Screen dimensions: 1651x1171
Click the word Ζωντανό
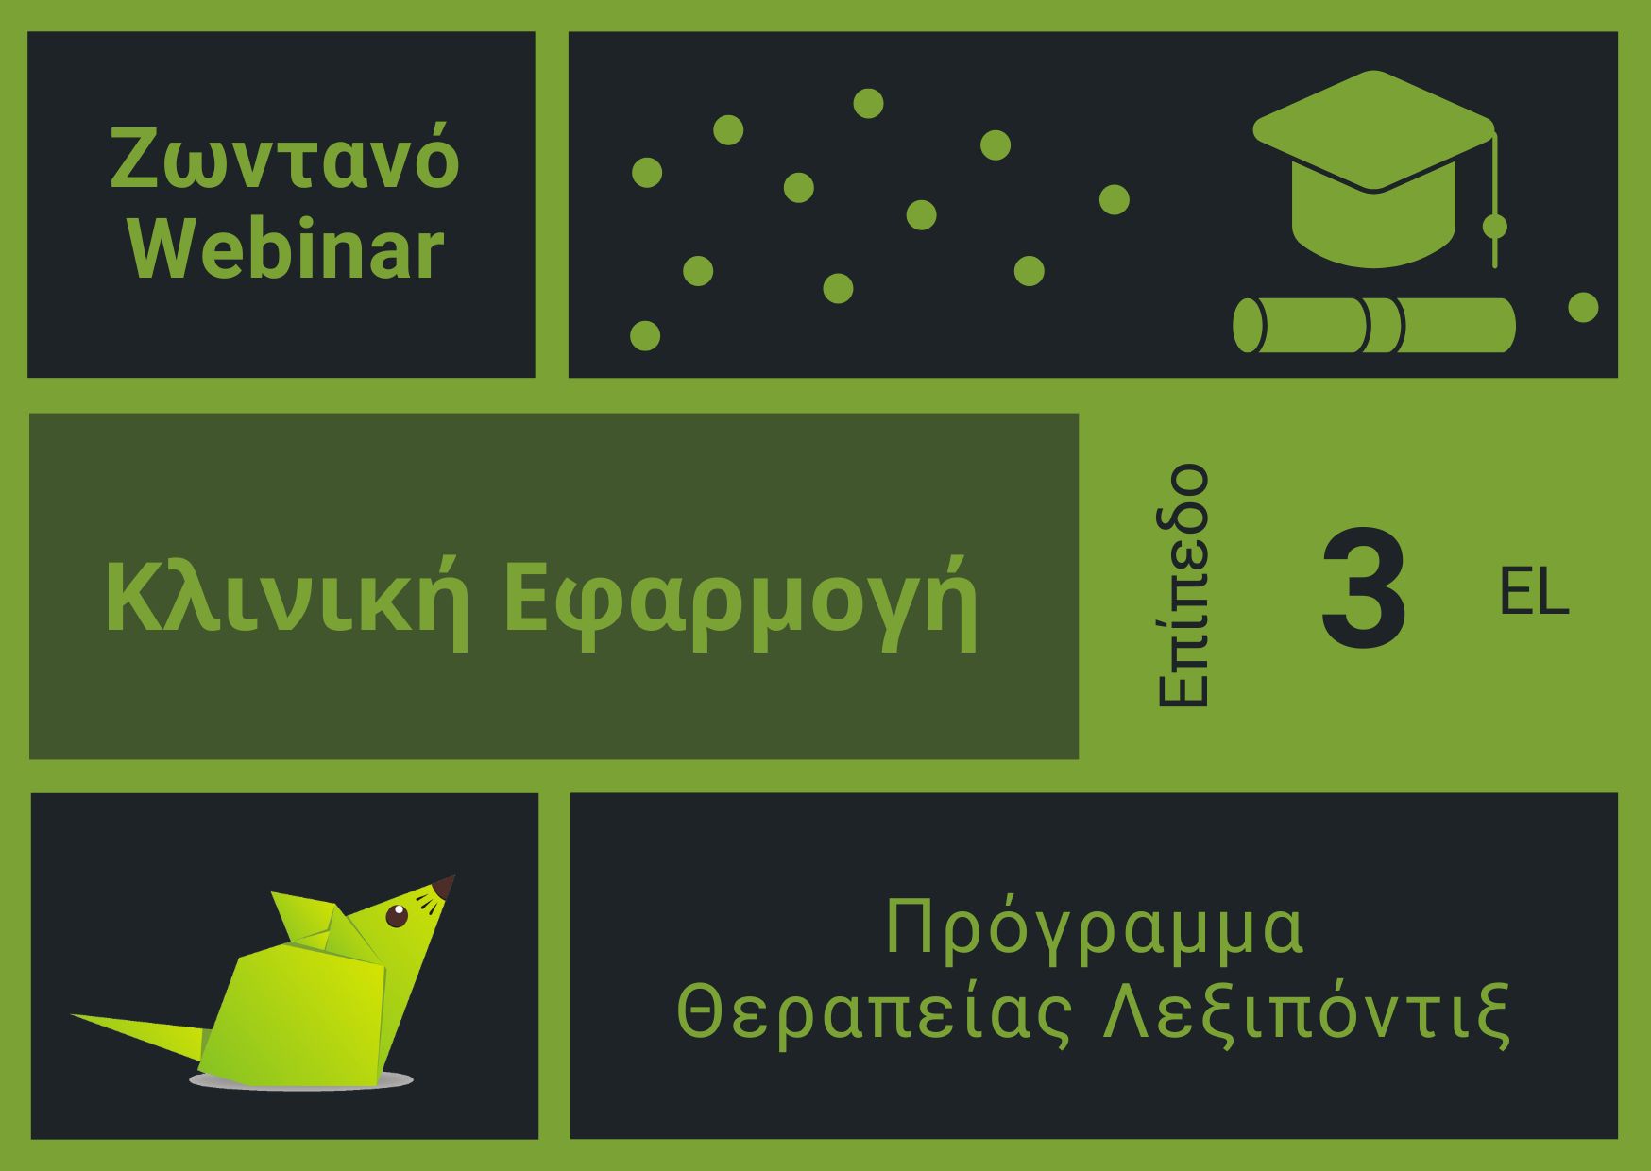[285, 158]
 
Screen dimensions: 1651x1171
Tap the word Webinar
[286, 249]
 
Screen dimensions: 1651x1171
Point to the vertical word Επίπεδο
[1183, 585]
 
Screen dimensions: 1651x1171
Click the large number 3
[1363, 590]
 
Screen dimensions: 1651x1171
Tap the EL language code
[1534, 592]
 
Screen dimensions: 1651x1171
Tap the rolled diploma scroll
[1374, 325]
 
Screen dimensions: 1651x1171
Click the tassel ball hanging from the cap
[1495, 227]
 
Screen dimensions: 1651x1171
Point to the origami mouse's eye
[397, 915]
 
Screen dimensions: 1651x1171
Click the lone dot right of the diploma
[1583, 307]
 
